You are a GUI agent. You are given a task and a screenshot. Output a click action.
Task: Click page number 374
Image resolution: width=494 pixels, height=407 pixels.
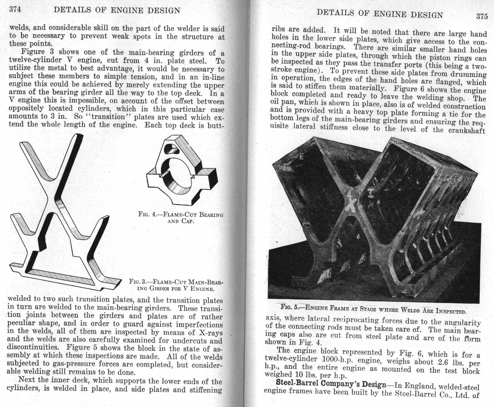15,9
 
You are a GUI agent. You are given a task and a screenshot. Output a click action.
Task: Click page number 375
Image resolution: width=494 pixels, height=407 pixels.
482,16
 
